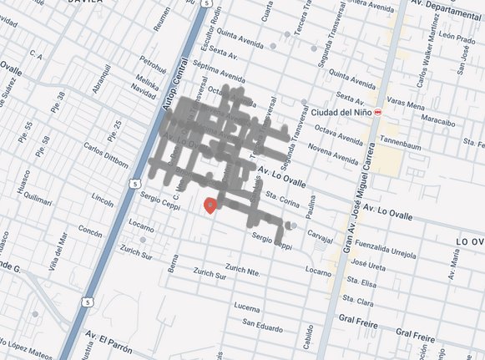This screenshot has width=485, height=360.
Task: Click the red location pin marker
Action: [211, 204]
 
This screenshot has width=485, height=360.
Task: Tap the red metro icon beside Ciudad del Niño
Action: [378, 112]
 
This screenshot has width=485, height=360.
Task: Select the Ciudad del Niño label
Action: [344, 112]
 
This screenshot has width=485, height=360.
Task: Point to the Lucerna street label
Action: [247, 307]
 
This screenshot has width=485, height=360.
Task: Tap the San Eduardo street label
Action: [261, 323]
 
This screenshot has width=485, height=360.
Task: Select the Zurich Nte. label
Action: [245, 269]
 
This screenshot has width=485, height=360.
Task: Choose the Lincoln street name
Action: [102, 200]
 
